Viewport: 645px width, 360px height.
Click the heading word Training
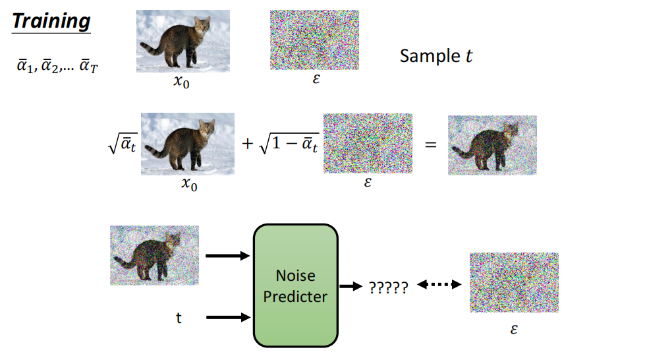click(x=51, y=20)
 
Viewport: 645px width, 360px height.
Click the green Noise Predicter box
click(x=295, y=285)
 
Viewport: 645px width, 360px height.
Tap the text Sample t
click(x=436, y=56)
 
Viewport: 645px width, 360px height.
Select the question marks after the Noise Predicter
click(x=388, y=287)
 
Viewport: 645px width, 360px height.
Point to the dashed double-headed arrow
click(x=438, y=285)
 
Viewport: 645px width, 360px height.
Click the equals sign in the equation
click(x=431, y=144)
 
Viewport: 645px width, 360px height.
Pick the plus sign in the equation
click(x=248, y=143)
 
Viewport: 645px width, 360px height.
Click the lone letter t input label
click(x=178, y=318)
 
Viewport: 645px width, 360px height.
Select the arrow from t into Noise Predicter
click(x=228, y=318)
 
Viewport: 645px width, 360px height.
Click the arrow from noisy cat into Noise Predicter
click(x=228, y=255)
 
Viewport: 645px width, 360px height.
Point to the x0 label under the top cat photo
click(x=181, y=83)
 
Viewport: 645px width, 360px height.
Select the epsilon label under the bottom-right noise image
click(x=514, y=328)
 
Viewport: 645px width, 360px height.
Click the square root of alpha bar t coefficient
click(x=123, y=144)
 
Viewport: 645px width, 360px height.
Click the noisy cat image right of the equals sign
click(x=492, y=145)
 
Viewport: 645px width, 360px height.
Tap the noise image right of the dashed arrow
click(x=513, y=282)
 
